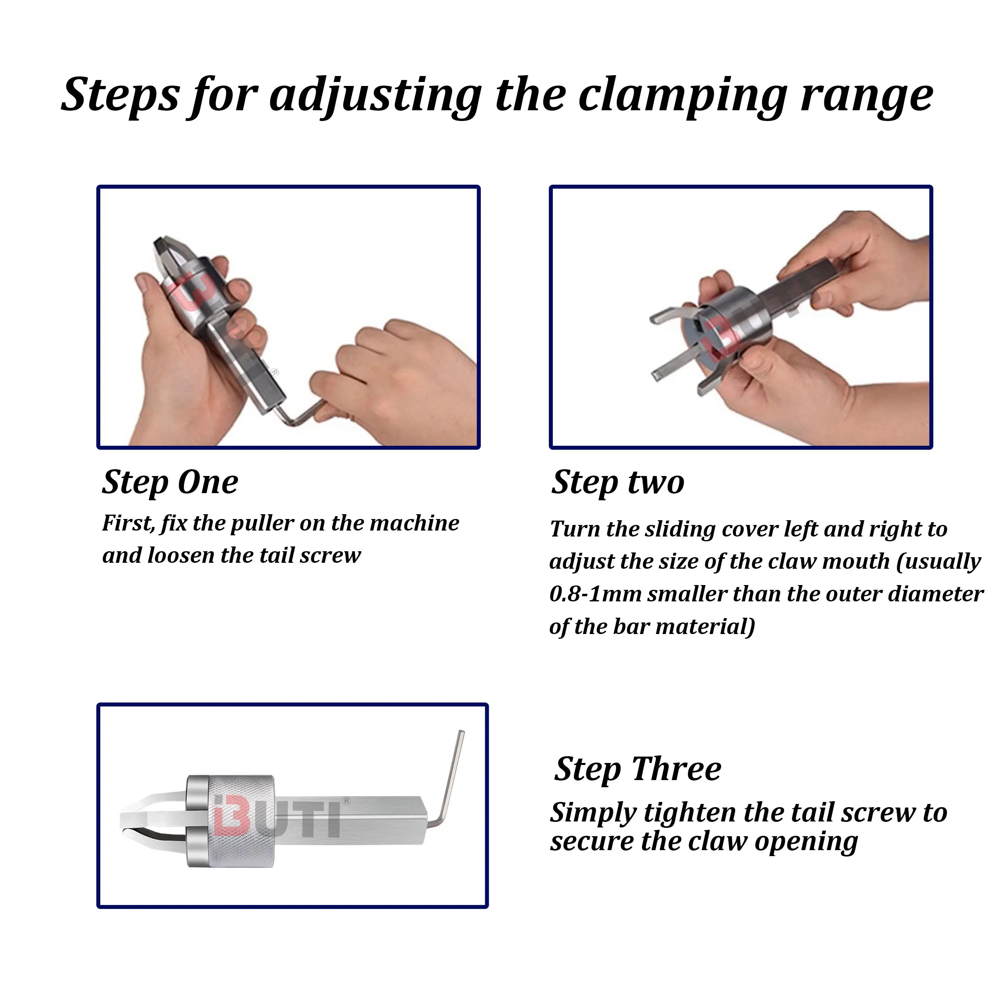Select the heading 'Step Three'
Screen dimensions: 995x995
638,769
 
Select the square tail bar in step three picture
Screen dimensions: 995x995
350,819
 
